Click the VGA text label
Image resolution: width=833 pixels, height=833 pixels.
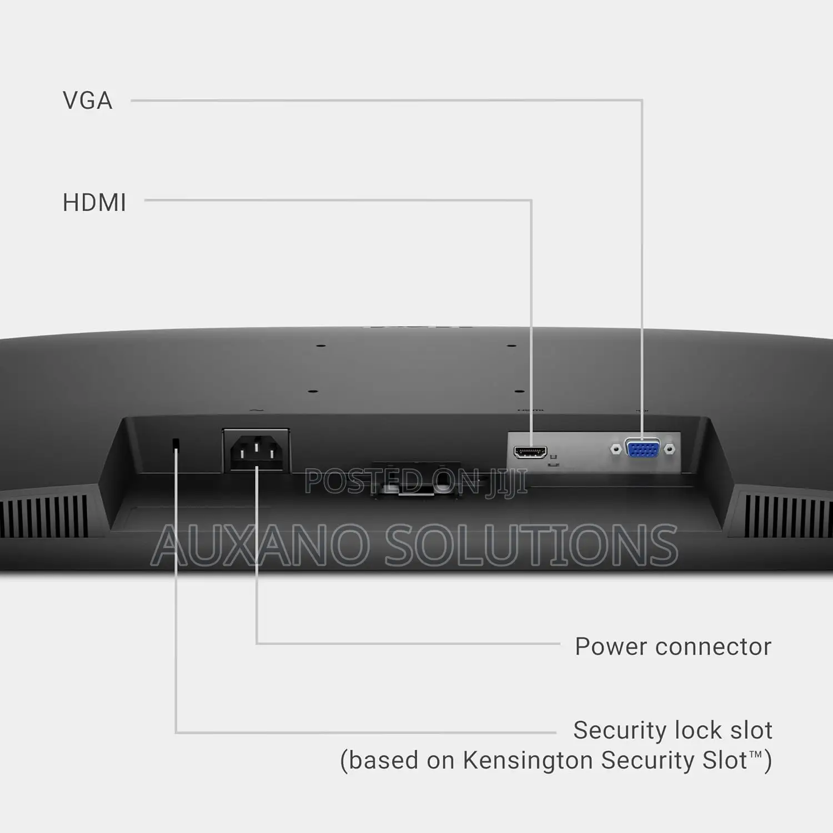pos(88,101)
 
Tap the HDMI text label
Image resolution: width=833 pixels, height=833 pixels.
pos(94,203)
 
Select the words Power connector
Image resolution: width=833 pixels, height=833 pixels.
pos(673,646)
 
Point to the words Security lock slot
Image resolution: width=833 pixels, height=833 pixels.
pos(673,730)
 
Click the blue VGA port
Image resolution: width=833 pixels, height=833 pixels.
pos(643,448)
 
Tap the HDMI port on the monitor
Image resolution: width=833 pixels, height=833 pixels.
pos(530,452)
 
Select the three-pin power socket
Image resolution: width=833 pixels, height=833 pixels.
pos(256,450)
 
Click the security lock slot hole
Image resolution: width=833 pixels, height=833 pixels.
pos(176,443)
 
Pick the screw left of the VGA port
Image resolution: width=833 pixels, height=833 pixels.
pos(615,449)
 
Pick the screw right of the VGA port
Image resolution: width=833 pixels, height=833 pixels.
pos(670,449)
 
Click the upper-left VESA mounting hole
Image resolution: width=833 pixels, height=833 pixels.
pos(320,346)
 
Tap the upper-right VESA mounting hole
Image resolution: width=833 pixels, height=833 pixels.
pos(511,346)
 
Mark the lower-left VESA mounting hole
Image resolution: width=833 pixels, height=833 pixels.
pos(313,392)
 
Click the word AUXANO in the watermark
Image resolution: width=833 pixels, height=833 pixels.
pos(260,545)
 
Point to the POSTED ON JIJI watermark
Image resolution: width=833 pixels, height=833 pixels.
pos(415,481)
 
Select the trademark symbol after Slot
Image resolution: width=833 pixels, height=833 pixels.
pos(756,754)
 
